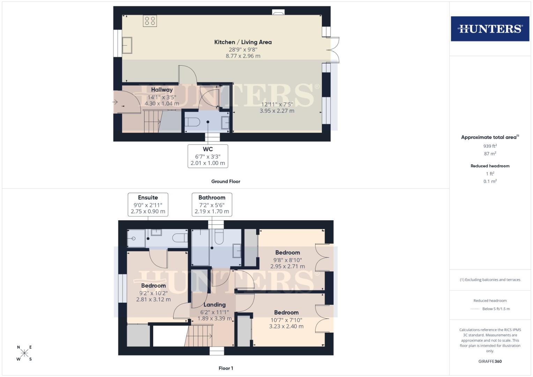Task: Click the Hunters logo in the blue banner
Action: (x=490, y=29)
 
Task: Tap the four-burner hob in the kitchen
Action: (x=150, y=21)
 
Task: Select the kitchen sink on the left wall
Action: (x=127, y=45)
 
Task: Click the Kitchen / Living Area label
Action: (x=243, y=42)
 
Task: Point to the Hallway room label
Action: (x=162, y=90)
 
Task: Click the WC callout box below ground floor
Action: (x=208, y=156)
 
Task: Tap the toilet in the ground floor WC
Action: (x=192, y=122)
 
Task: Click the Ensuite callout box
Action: (x=148, y=204)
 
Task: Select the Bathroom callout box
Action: (x=212, y=204)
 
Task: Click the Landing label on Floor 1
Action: (x=214, y=305)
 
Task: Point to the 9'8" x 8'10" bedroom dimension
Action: (x=287, y=260)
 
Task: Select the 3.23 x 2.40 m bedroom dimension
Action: (x=286, y=326)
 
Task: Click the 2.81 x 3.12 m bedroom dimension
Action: (x=153, y=299)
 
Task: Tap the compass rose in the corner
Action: (x=24, y=353)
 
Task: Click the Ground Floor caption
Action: (x=225, y=182)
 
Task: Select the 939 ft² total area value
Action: (x=490, y=146)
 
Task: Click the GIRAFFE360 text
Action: (x=490, y=361)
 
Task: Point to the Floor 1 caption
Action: (x=225, y=368)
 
